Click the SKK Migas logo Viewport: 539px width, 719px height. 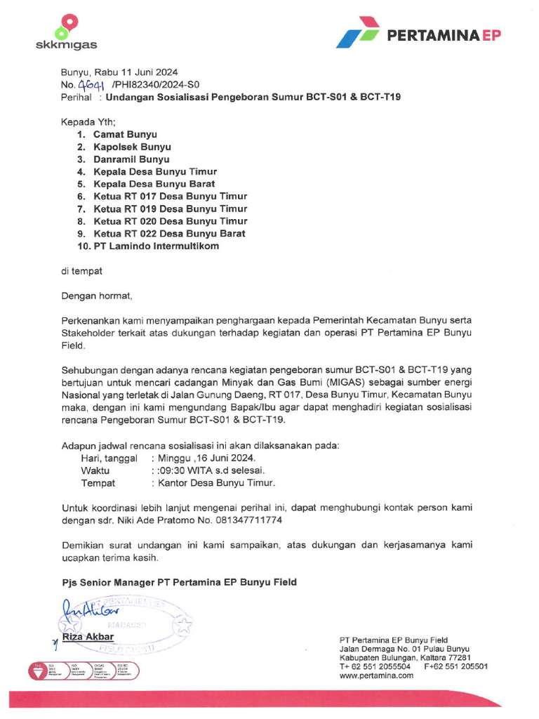(66, 32)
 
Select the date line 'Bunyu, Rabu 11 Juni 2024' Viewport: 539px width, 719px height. (119, 72)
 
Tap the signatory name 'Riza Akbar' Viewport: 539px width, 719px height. (88, 637)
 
